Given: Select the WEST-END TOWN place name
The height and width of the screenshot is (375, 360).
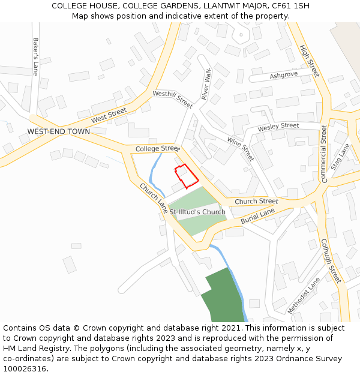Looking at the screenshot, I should pos(59,131).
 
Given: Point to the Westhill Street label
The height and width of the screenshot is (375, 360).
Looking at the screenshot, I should pos(173,99).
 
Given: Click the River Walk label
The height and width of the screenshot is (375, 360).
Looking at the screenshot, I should pos(206,85).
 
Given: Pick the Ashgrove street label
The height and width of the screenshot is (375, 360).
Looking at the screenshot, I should pos(283,76).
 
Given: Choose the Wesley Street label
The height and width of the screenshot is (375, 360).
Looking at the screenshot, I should pos(278,127).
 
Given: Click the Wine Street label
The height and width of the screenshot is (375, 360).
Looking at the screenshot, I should pos(241,149).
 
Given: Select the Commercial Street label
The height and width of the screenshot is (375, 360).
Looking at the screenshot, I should pos(324,154).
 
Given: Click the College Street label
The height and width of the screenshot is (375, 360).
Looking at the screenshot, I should pos(157,148).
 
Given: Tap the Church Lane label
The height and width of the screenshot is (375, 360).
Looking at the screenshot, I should pos(154,197).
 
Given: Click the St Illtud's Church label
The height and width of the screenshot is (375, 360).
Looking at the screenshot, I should pos(197,212).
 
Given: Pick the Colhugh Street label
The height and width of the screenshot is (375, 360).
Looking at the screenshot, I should pos(331,260).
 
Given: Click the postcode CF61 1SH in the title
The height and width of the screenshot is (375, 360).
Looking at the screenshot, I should pos(289,6).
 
